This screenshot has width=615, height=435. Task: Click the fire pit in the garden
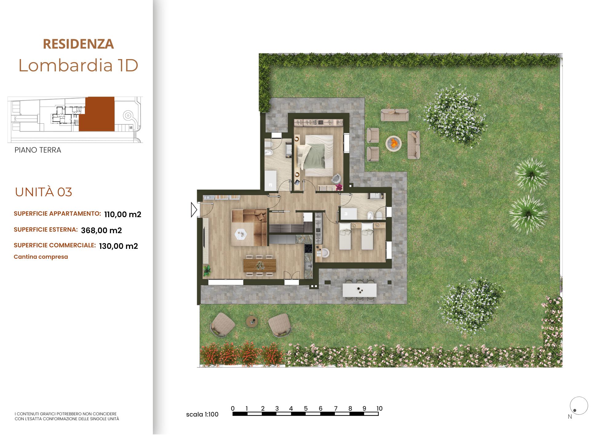(x=394, y=143)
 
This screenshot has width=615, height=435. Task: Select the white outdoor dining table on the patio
(x=359, y=290)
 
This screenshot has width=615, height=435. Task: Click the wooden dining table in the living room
(x=260, y=265)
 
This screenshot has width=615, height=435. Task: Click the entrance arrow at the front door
(x=194, y=210)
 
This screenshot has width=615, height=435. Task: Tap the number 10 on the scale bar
(x=379, y=409)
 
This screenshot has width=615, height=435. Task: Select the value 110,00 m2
(x=123, y=214)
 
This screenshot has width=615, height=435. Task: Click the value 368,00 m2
(x=101, y=230)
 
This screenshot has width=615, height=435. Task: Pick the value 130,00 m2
(x=118, y=246)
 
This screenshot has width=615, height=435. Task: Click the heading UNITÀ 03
(x=43, y=192)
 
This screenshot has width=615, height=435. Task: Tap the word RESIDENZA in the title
(x=78, y=44)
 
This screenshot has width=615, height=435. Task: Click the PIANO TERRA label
(x=38, y=150)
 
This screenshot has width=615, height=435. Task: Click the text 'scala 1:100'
(x=202, y=414)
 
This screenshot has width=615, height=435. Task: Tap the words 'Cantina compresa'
(x=41, y=257)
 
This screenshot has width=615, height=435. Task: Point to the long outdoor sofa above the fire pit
(x=395, y=115)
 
